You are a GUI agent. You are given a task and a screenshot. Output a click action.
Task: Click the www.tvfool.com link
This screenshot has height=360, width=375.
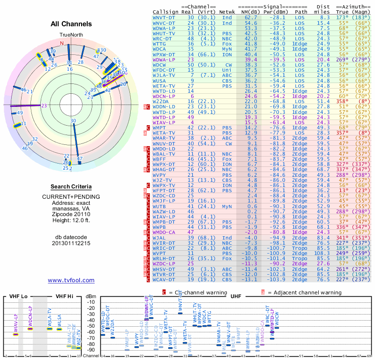[71, 280]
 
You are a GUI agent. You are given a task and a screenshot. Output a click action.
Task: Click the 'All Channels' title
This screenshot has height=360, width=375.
[71, 24]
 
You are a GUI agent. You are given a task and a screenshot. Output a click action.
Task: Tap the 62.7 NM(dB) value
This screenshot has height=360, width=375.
[251, 17]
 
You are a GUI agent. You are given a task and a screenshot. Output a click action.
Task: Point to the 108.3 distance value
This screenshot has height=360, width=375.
[322, 253]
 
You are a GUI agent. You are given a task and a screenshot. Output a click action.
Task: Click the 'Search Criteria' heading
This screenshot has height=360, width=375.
[71, 187]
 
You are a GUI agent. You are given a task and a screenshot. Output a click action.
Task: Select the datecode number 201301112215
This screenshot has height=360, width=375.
[71, 243]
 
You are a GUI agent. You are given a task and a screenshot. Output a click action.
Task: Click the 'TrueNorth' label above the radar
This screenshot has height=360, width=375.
[71, 35]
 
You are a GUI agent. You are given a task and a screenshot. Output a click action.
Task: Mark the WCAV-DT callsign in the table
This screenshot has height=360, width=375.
[164, 280]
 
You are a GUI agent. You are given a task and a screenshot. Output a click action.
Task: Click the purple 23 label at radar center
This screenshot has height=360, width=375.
[44, 105]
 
